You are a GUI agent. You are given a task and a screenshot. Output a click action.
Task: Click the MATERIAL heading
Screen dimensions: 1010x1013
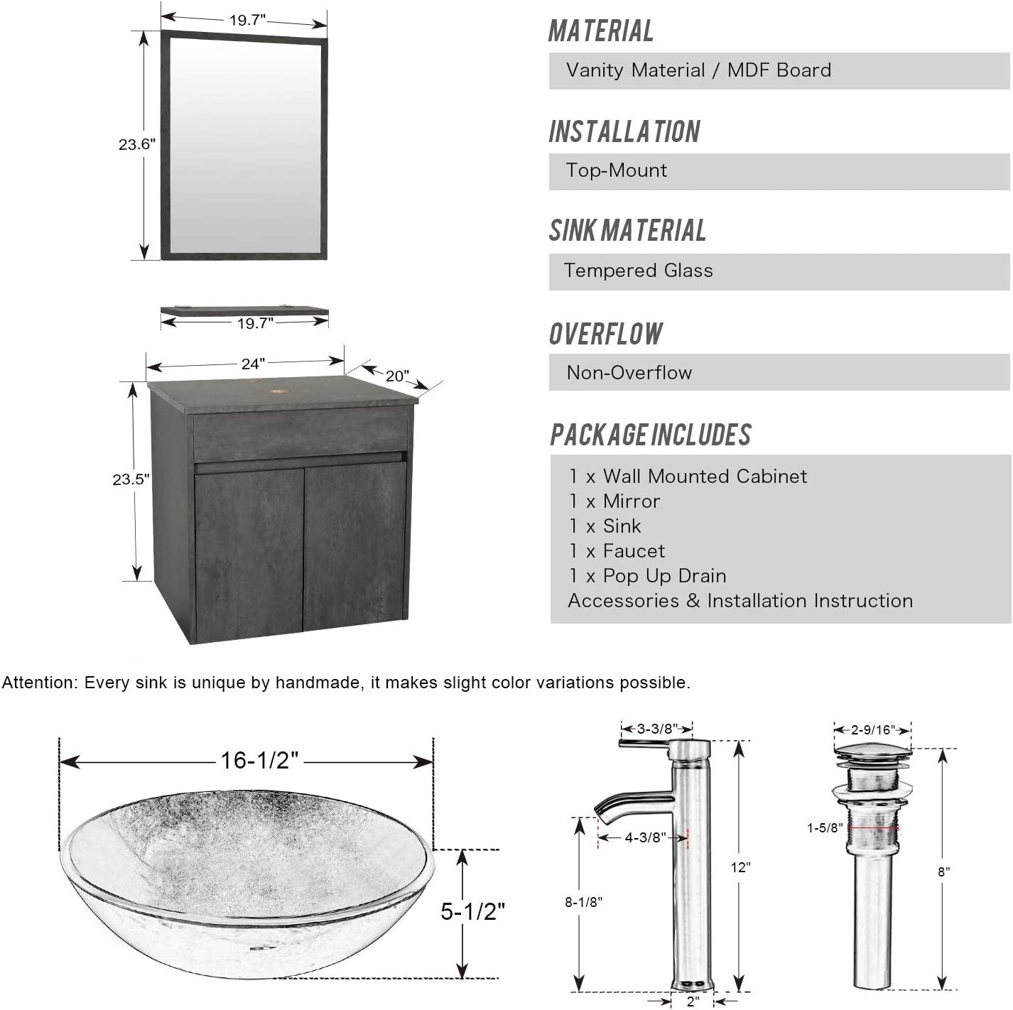pyautogui.click(x=601, y=31)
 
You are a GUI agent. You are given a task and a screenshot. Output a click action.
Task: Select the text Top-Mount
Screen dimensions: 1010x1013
pyautogui.click(x=617, y=170)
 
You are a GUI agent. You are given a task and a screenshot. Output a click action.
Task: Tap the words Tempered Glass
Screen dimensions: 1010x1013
pyautogui.click(x=638, y=271)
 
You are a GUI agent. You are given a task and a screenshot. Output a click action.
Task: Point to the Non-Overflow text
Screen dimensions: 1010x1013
pyautogui.click(x=629, y=373)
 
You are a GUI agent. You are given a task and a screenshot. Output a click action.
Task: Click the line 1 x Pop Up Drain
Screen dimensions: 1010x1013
pyautogui.click(x=647, y=576)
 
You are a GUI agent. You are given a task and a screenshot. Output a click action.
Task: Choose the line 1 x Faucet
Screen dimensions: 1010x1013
pyautogui.click(x=617, y=551)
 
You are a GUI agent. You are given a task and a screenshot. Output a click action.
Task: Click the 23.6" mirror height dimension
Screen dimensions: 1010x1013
pyautogui.click(x=136, y=144)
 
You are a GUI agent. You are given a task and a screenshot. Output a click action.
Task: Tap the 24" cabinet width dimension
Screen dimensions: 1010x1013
pyautogui.click(x=253, y=364)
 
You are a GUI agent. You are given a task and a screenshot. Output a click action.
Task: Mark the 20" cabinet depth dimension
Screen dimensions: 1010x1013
pyautogui.click(x=397, y=376)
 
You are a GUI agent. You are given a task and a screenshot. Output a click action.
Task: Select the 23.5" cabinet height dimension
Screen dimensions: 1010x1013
pyautogui.click(x=131, y=479)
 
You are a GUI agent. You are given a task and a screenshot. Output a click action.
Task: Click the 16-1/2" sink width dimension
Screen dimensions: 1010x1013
pyautogui.click(x=259, y=761)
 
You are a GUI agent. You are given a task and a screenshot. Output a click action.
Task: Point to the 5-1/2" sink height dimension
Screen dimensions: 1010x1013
pyautogui.click(x=472, y=911)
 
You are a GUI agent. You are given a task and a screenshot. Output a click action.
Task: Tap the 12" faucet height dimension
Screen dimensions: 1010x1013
pyautogui.click(x=740, y=867)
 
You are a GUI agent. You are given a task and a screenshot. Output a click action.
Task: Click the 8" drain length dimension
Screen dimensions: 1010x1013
pyautogui.click(x=943, y=871)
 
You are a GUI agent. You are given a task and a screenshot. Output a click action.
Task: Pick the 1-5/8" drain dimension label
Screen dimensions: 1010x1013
pyautogui.click(x=825, y=828)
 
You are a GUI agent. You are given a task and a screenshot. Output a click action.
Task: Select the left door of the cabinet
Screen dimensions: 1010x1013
pyautogui.click(x=249, y=547)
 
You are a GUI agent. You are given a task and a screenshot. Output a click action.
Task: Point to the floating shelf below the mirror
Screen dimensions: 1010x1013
pyautogui.click(x=244, y=310)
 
